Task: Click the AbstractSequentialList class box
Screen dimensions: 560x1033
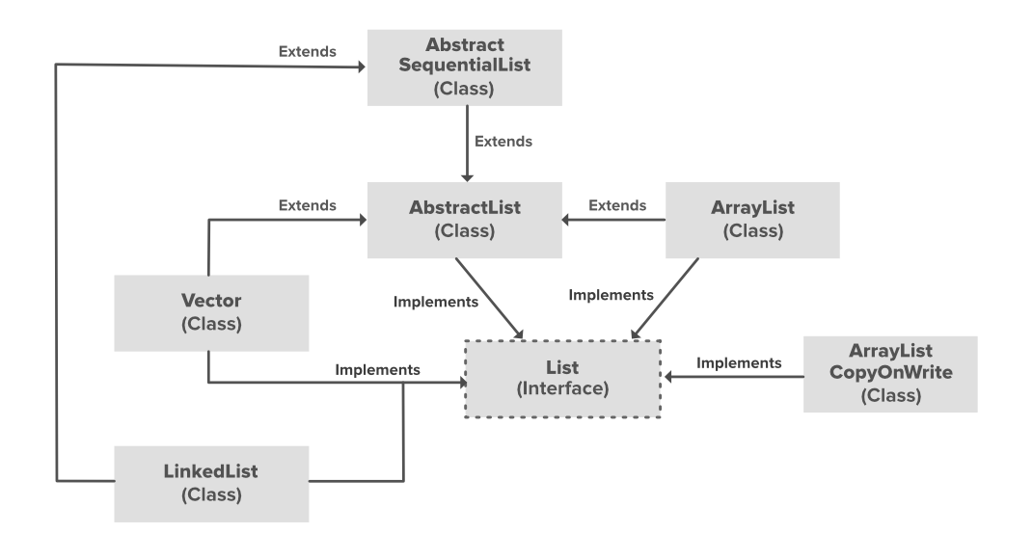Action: (465, 67)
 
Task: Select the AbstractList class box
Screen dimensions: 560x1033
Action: (465, 219)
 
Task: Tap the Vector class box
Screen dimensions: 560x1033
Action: (210, 312)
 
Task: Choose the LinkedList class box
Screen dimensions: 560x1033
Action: (210, 483)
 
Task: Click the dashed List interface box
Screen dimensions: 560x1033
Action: (562, 377)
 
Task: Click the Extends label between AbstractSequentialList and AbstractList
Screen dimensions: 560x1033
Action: (503, 141)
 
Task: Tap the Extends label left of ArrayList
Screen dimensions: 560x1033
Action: (617, 205)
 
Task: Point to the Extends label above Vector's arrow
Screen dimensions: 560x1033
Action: (308, 205)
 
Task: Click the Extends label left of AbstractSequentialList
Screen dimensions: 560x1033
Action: (308, 52)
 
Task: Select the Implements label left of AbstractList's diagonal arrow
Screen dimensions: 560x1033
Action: (436, 302)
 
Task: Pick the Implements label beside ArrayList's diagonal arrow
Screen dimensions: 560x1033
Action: (611, 295)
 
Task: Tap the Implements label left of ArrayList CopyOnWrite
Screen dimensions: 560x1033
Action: (739, 363)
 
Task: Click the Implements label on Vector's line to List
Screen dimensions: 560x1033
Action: (377, 368)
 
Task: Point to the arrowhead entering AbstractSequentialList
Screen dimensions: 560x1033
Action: (363, 67)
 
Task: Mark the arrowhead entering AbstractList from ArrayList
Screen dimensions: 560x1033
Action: (569, 220)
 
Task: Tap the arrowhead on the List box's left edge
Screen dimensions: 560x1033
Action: (462, 383)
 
